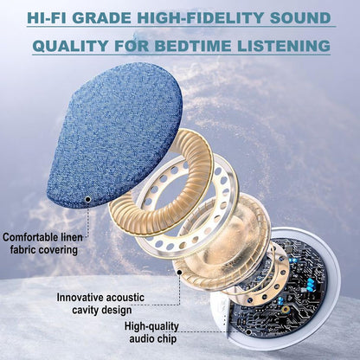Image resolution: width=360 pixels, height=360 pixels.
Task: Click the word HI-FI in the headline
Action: point(53,17)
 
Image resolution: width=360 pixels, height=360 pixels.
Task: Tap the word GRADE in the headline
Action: point(112,17)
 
